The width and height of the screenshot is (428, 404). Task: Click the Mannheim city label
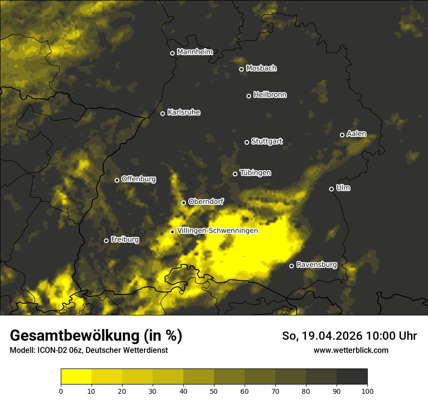(195, 52)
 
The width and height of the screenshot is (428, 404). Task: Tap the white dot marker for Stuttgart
(247, 142)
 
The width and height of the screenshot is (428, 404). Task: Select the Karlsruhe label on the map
(184, 112)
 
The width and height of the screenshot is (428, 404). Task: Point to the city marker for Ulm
(331, 189)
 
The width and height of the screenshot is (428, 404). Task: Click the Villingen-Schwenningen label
(217, 231)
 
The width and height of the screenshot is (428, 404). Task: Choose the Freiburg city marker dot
(106, 240)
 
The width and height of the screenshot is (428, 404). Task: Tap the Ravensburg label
(317, 265)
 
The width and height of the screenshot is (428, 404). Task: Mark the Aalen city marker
(342, 135)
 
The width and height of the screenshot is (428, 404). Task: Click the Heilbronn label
(270, 95)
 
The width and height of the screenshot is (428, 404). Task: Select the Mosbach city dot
(241, 69)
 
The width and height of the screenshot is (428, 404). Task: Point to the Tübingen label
(255, 173)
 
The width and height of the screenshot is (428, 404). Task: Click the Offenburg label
(139, 179)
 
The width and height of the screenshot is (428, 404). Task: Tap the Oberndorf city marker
(183, 202)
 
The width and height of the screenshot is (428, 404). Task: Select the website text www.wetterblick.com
(351, 350)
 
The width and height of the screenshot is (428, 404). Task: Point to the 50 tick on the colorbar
(214, 390)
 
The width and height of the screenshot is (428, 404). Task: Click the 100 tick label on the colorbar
(367, 390)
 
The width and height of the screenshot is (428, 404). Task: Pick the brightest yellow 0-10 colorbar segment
(76, 376)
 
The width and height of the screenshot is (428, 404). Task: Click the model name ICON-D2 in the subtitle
(51, 350)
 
